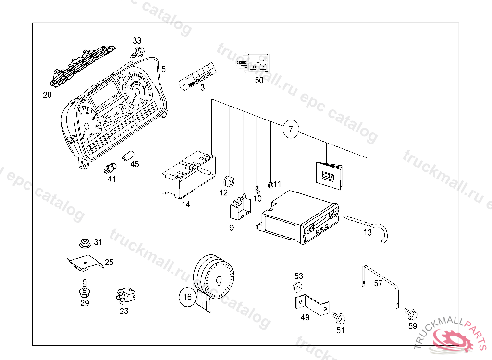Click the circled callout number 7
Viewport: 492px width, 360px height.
(291, 129)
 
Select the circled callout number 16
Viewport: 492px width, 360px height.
(187, 297)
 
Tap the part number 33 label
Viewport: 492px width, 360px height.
(137, 41)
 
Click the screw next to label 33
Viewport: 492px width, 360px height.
(138, 52)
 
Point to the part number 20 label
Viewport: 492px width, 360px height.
(47, 95)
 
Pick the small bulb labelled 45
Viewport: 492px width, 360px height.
(128, 156)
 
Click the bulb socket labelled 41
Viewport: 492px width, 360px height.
(111, 168)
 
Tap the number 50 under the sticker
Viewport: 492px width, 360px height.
(259, 80)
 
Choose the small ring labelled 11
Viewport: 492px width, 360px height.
(271, 184)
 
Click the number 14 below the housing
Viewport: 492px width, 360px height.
(186, 204)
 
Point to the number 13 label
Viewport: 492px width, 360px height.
(368, 232)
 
